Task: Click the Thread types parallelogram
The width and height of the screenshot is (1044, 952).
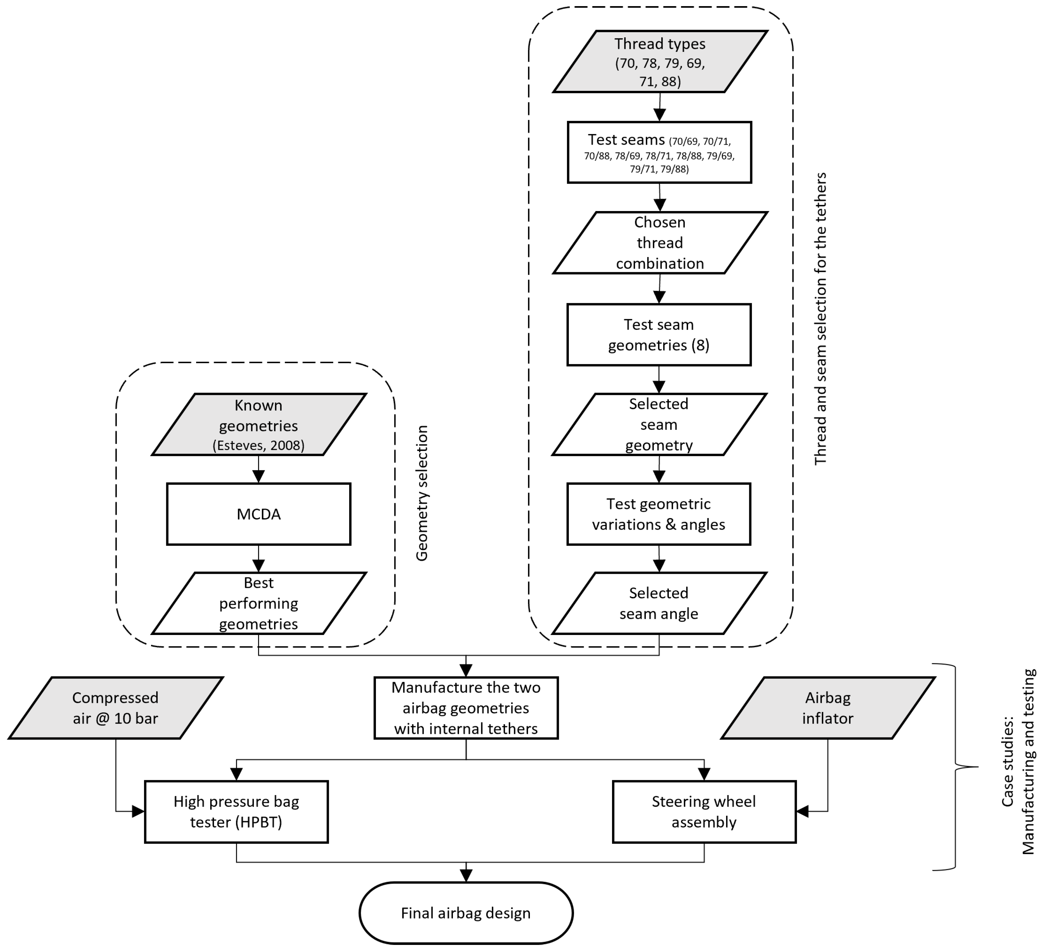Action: [x=660, y=62]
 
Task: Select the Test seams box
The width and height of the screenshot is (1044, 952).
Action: [x=659, y=152]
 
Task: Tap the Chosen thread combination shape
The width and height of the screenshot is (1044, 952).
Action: [x=660, y=242]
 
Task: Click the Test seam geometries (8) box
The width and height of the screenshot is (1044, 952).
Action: [x=659, y=335]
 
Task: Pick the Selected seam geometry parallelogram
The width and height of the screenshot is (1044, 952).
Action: [x=659, y=424]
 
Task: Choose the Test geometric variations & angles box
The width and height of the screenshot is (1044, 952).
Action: [x=659, y=514]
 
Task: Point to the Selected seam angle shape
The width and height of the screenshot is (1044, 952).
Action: [x=659, y=603]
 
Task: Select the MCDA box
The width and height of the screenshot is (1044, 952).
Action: [x=258, y=514]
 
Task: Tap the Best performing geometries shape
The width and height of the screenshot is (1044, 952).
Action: [x=258, y=603]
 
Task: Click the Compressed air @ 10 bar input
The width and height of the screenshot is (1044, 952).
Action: [x=116, y=707]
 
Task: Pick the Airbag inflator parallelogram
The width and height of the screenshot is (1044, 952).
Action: [x=828, y=707]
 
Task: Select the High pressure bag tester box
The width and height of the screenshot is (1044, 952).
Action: [x=236, y=812]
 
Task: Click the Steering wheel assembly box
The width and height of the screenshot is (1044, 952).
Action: [x=704, y=812]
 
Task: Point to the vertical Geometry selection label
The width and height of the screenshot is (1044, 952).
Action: [x=422, y=493]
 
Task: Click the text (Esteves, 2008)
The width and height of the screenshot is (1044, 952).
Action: [x=258, y=446]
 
